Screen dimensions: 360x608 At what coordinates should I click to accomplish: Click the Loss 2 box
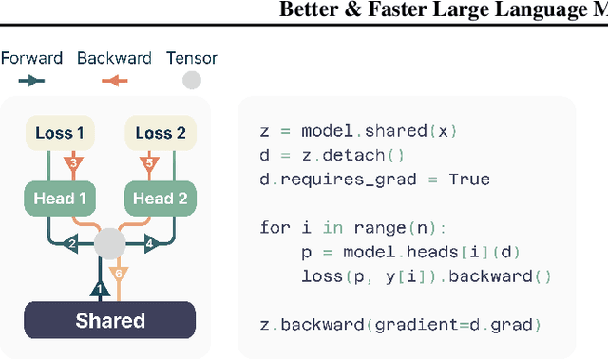click(161, 134)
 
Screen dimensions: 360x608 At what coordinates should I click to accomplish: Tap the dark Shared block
click(109, 320)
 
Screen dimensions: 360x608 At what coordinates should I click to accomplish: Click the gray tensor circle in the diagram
click(109, 245)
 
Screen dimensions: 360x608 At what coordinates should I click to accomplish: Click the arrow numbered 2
click(70, 244)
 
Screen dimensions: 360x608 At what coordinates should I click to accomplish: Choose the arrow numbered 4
click(147, 244)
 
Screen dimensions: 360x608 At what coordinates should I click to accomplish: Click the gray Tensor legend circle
click(192, 81)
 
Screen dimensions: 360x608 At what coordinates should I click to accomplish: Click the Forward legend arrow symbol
click(30, 81)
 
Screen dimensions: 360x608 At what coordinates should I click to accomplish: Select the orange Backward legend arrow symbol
click(114, 81)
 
